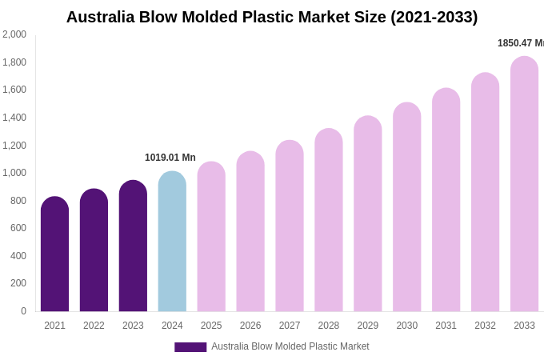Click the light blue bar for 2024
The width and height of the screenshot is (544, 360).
[172, 242]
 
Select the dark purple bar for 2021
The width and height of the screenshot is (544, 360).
[54, 254]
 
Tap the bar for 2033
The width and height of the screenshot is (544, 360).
[524, 184]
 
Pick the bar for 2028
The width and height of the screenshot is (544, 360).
[329, 220]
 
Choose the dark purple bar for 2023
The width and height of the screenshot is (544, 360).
[133, 246]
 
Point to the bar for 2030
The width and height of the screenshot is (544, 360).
[406, 207]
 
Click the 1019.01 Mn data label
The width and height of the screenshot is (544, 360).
[170, 158]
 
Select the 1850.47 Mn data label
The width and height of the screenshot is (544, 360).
[520, 43]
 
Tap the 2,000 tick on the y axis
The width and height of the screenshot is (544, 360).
[14, 34]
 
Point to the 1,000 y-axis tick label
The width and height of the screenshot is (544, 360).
[14, 173]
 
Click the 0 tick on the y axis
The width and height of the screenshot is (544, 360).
[23, 311]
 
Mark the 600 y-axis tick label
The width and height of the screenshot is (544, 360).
[18, 228]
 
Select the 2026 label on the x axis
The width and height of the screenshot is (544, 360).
[250, 326]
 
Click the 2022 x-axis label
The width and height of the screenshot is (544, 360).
[94, 326]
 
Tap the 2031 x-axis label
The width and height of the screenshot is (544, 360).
[446, 326]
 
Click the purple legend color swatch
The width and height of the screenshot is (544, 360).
[190, 347]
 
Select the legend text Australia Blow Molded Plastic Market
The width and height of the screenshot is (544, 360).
[290, 346]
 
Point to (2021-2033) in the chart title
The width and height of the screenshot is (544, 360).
[434, 17]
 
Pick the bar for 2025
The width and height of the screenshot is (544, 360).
[211, 237]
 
